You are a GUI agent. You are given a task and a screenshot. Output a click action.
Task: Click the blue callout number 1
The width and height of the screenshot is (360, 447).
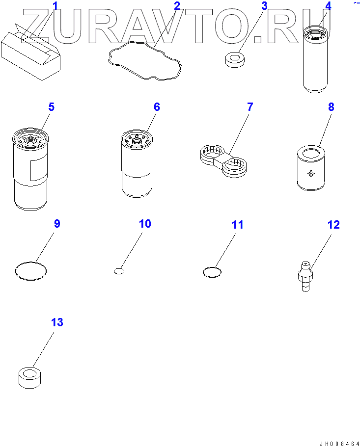coord(55,6)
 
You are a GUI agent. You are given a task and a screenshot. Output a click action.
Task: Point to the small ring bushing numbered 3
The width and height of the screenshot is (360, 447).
coord(235,59)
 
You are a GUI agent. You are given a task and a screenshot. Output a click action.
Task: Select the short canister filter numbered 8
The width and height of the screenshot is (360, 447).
coord(311,168)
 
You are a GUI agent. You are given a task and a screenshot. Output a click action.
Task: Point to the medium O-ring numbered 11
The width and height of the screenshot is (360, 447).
coord(203,272)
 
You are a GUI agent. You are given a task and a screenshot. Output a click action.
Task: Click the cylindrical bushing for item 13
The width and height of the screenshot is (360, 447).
coord(29,378)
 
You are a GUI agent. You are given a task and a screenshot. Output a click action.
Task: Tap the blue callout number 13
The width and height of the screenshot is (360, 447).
coord(57,322)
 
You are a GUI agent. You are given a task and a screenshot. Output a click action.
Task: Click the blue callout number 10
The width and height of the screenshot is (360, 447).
coord(145,224)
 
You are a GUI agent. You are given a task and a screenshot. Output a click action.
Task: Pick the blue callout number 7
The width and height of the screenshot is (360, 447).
coord(250,107)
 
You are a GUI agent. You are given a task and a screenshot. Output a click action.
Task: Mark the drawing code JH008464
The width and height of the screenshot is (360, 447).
coord(339,444)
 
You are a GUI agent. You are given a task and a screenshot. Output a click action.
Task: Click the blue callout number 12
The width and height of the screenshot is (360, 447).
coord(334,225)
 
